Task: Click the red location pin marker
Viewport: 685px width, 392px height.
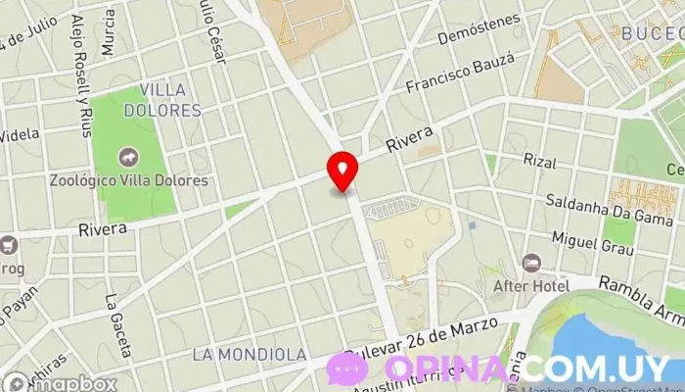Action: pyautogui.click(x=342, y=172)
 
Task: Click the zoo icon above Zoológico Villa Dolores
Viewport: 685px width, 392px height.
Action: pyautogui.click(x=128, y=158)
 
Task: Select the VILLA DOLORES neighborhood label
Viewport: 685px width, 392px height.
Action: pyautogui.click(x=170, y=100)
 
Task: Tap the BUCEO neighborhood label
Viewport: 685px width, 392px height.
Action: pyautogui.click(x=651, y=32)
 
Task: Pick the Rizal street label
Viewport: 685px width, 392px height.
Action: pyautogui.click(x=540, y=159)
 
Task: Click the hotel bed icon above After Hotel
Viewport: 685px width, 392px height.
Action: pyautogui.click(x=531, y=263)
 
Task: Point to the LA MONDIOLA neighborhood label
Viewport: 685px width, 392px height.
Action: pyautogui.click(x=250, y=353)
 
